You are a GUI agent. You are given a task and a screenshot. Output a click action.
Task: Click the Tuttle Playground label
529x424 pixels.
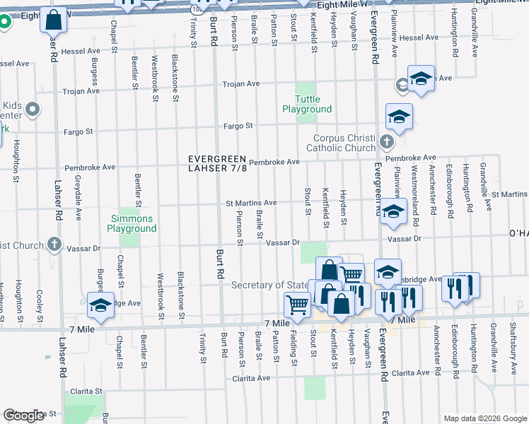tap(307, 104)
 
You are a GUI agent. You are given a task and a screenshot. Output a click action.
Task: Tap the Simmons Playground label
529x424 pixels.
tap(132, 223)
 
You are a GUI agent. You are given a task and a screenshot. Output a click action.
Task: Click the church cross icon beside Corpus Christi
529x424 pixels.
tap(385, 142)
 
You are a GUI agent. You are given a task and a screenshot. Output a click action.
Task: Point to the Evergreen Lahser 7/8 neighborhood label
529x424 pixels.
tap(217, 163)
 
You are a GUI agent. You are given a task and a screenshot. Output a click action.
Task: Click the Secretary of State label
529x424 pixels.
tap(272, 285)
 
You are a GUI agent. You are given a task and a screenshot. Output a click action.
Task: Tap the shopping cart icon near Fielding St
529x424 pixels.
tap(297, 305)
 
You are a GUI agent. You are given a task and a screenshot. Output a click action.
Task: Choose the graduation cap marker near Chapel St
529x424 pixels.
tap(100, 305)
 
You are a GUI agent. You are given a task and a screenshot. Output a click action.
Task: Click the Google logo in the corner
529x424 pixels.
tap(23, 416)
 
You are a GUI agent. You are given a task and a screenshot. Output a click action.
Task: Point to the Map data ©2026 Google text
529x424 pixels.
tap(484, 418)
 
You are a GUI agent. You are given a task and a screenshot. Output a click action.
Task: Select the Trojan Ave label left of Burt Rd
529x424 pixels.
tap(81, 91)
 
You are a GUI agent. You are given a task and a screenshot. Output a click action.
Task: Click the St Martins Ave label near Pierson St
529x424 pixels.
tap(250, 204)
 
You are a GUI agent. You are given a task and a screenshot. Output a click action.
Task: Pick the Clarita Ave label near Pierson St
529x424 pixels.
tap(252, 378)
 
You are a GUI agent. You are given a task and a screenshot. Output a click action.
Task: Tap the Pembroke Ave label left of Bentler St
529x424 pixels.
tap(90, 168)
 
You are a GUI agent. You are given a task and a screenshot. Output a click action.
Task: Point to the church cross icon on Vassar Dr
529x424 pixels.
tap(54, 245)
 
